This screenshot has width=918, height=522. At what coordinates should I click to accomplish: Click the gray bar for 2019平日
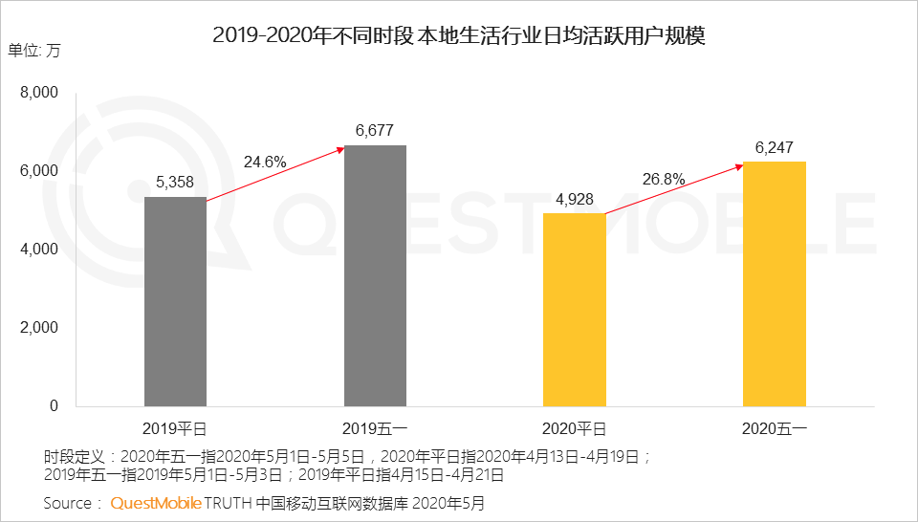click(x=175, y=301)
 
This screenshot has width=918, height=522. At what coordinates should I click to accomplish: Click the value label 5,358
click(x=175, y=182)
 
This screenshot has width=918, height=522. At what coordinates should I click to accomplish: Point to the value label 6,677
click(x=374, y=130)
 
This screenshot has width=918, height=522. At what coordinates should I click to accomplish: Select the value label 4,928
click(x=574, y=198)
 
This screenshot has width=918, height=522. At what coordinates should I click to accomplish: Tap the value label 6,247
click(x=774, y=146)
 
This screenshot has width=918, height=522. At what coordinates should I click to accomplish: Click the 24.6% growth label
click(x=265, y=162)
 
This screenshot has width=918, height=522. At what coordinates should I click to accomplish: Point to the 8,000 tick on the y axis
click(x=39, y=93)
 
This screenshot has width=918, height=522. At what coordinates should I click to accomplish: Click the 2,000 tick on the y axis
click(x=39, y=327)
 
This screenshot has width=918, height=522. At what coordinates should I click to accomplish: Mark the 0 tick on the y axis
click(x=54, y=405)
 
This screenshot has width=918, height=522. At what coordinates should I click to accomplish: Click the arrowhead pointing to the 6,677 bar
click(x=341, y=149)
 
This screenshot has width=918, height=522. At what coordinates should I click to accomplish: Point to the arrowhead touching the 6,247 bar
click(x=740, y=165)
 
